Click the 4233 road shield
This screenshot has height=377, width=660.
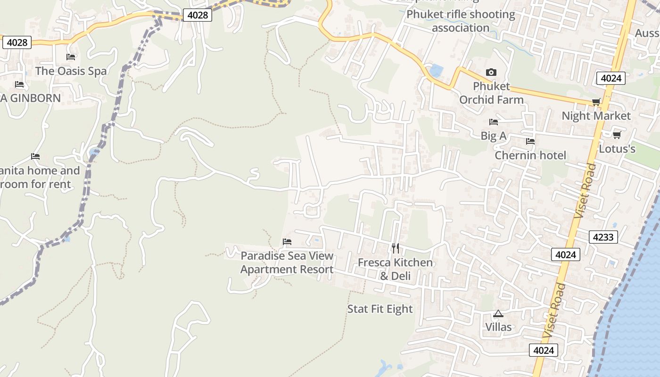pos(603,237)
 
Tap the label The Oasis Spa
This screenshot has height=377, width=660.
pos(71,71)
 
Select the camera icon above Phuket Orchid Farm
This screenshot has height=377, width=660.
pos(491,72)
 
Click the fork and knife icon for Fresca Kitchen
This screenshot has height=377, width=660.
pos(396,248)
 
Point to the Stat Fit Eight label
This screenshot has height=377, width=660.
pos(380,309)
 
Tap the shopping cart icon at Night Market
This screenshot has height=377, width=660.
pos(596,102)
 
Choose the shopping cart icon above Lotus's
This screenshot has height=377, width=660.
pos(617,135)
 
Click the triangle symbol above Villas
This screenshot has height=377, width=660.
pos(498,313)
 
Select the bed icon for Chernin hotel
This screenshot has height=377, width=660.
pos(530,141)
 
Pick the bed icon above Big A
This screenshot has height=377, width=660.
pos(494,122)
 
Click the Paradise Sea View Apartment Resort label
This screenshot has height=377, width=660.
pos(287,263)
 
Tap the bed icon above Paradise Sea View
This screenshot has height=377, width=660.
pos(287,242)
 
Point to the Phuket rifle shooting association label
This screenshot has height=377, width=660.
pos(461,21)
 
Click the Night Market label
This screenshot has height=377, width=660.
pos(596,116)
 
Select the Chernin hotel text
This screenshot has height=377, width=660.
pos(530,156)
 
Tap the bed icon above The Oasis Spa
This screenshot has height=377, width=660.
pos(71,57)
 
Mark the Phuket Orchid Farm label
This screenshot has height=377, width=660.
pos(491,93)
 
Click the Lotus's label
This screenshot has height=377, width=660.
pos(617,149)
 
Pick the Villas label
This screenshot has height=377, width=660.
pos(498,327)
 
